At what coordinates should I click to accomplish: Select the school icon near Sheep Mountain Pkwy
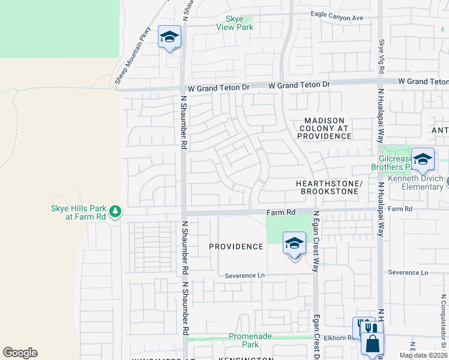pos(169,37)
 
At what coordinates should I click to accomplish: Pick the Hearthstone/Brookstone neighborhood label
pos(327,187)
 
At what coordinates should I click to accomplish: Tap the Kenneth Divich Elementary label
pos(419,183)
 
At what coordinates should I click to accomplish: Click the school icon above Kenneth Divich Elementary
pos(423,159)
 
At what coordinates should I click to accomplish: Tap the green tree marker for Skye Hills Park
pos(115,211)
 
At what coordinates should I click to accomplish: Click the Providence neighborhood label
pos(236,247)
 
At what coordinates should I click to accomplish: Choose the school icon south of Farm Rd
pos(294,244)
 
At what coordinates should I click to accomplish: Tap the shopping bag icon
pos(372,344)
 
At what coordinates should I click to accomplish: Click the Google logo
pos(20,353)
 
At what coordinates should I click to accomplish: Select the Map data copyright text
pos(423,355)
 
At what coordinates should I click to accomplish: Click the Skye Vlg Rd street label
pos(381,53)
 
